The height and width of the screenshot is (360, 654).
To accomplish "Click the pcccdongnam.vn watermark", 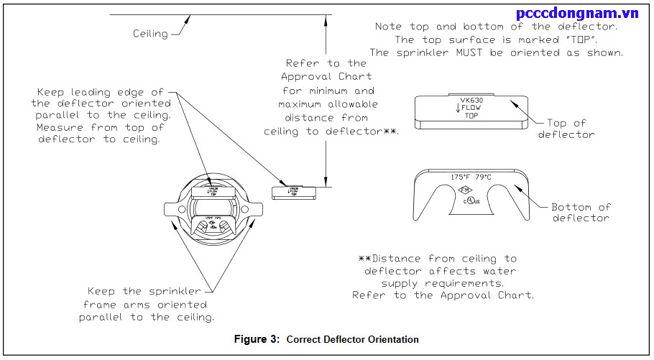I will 581,13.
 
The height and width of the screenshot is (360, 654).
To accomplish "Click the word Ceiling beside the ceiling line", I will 150,33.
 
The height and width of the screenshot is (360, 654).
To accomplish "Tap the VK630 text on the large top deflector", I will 471,101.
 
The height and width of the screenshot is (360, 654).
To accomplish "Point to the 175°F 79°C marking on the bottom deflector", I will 470,175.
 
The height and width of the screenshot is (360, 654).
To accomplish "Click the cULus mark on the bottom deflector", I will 471,200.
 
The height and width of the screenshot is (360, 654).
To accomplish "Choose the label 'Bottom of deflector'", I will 581,213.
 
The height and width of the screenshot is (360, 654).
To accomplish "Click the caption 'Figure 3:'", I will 257,339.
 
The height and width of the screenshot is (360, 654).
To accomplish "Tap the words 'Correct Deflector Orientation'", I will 352,339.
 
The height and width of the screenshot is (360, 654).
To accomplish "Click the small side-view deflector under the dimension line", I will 293,192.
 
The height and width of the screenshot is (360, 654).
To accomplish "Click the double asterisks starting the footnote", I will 364,258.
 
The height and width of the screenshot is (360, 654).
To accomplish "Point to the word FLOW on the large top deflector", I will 474,109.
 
